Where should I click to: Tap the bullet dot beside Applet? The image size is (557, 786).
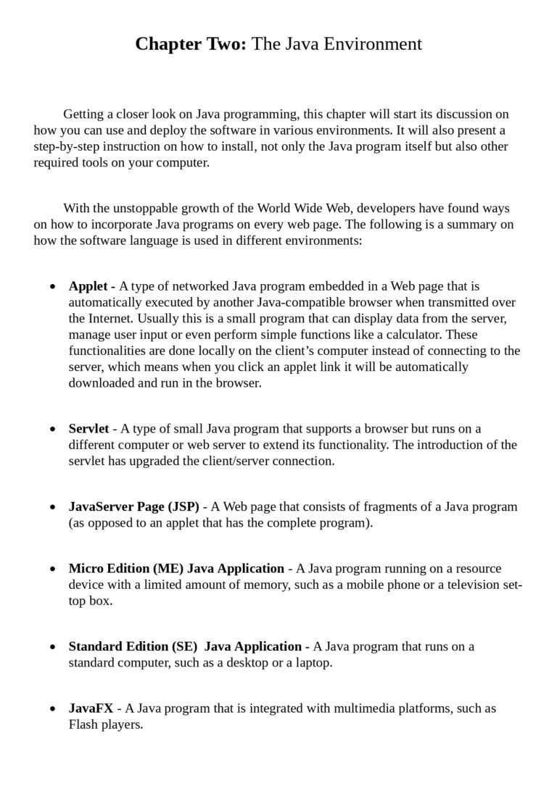pos(53,287)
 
